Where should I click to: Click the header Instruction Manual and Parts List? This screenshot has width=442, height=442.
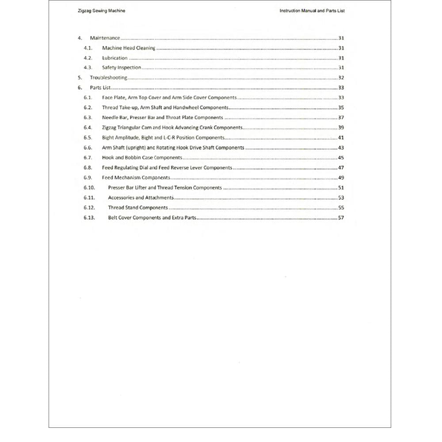click(312, 11)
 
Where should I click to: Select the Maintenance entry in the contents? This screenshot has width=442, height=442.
click(105, 38)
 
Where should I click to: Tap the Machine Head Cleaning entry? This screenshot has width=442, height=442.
click(129, 48)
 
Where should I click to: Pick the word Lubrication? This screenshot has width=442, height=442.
click(114, 58)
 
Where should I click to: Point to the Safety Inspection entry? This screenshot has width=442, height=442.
click(122, 68)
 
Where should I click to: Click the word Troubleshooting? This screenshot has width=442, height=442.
click(109, 78)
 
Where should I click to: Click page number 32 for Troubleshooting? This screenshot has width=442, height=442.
click(341, 78)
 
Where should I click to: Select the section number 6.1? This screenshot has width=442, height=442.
click(88, 98)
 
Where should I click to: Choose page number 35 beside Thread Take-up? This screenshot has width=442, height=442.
click(341, 108)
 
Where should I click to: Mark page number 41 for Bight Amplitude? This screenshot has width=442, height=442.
click(341, 138)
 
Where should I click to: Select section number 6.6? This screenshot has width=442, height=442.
click(88, 148)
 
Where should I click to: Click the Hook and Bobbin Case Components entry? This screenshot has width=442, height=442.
click(142, 158)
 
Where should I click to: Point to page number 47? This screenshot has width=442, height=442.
click(341, 168)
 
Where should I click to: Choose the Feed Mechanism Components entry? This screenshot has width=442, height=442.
click(136, 178)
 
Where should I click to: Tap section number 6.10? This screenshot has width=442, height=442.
click(89, 188)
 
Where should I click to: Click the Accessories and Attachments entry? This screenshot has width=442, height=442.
click(141, 198)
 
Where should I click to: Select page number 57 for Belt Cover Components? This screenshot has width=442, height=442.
click(341, 218)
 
